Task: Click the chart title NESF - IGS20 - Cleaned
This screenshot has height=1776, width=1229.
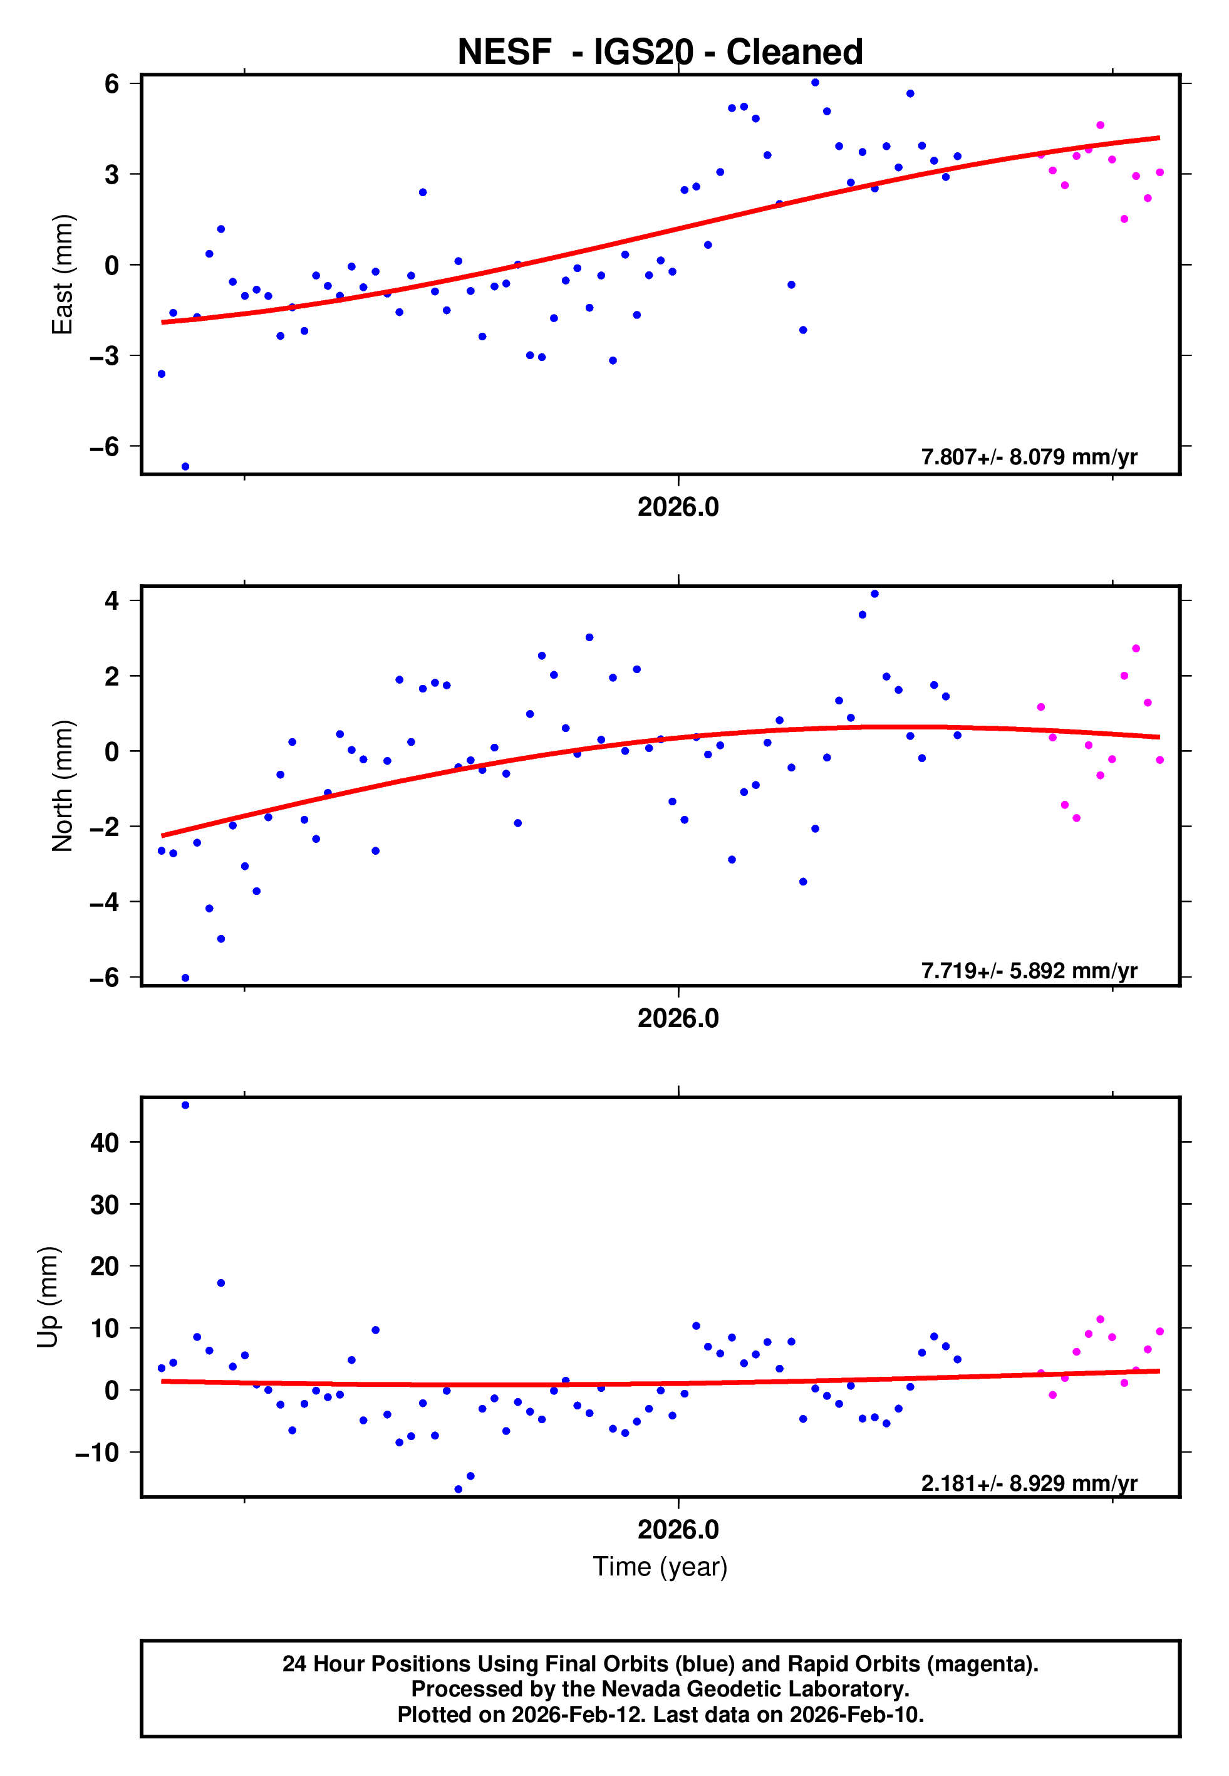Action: point(660,53)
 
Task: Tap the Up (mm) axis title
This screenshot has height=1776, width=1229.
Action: point(48,1297)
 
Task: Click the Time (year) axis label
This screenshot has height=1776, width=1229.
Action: point(660,1567)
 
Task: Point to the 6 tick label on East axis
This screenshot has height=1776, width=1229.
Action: point(112,83)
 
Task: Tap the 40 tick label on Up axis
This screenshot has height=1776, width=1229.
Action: point(105,1142)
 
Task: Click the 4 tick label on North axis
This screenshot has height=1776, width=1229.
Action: point(112,601)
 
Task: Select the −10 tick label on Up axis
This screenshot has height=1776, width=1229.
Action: point(97,1453)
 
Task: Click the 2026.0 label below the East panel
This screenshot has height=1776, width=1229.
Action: point(678,507)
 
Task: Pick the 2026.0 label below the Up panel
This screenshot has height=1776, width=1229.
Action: point(678,1530)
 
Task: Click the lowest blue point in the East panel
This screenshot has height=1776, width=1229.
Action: point(185,467)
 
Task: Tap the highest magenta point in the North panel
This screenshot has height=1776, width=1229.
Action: point(1136,649)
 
